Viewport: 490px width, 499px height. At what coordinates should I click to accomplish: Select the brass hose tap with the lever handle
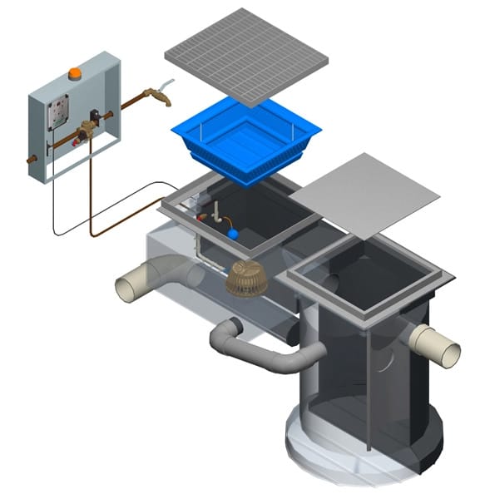[157, 95]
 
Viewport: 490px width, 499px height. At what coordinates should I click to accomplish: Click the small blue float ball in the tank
[234, 235]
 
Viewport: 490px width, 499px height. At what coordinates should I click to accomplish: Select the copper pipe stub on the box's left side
[32, 158]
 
